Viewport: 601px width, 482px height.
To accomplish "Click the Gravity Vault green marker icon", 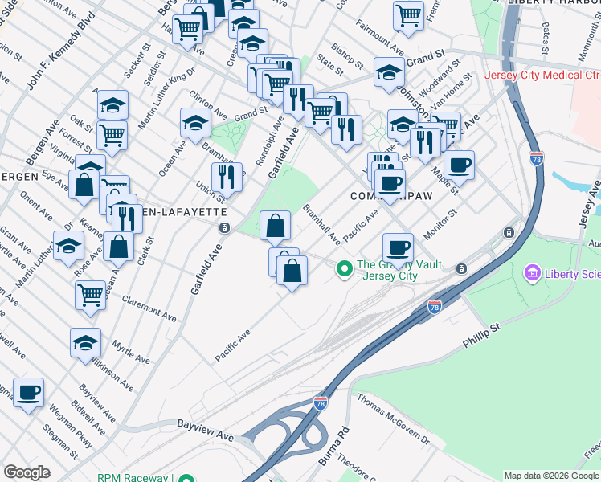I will click(345, 268).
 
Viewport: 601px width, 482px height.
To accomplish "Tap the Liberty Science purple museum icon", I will click(532, 275).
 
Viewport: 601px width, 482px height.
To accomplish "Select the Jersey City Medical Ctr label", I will click(542, 76).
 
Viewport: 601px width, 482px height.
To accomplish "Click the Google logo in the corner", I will click(27, 472).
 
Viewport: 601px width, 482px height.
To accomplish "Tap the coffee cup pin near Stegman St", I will click(29, 393).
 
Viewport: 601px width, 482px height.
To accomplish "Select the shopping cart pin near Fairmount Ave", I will click(409, 14).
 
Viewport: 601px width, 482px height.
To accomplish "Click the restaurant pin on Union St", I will click(227, 178).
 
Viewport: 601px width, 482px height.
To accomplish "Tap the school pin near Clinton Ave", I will click(195, 124).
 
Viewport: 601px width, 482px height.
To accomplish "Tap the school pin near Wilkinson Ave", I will click(85, 343).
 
